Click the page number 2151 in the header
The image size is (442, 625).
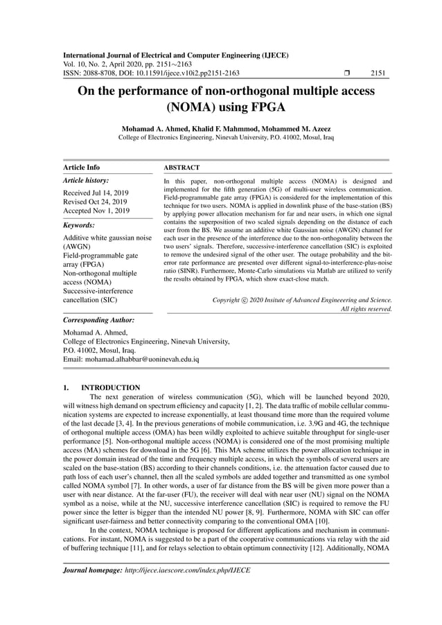point(378,73)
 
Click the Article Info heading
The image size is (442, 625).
point(81,167)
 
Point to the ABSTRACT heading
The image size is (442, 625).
point(182,167)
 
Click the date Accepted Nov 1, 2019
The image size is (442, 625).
point(96,210)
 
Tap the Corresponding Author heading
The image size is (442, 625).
point(98,320)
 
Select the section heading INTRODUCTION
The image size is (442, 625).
point(110,387)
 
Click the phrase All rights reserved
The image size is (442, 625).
point(366,309)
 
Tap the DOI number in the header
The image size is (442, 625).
point(179,73)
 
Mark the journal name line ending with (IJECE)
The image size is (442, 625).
point(175,55)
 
